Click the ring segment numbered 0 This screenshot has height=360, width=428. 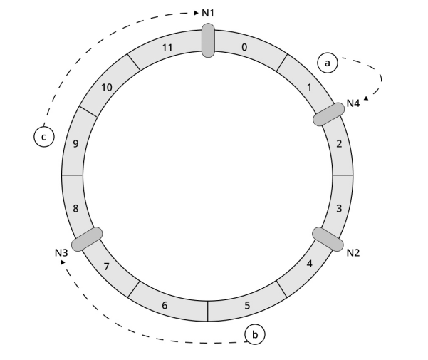click(x=244, y=48)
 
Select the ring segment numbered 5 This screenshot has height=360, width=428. click(x=247, y=305)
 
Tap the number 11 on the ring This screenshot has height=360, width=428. click(x=167, y=48)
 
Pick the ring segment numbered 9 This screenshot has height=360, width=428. click(x=75, y=144)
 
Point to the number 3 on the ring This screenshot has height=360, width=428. click(x=339, y=209)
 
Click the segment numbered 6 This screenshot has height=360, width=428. click(x=165, y=305)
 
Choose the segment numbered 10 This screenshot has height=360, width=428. click(x=107, y=87)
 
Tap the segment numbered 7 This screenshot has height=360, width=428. click(x=106, y=266)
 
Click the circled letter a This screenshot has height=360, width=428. click(x=328, y=63)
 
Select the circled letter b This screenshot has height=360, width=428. click(x=254, y=333)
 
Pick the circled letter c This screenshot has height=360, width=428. click(x=43, y=135)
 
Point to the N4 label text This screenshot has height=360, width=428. click(x=353, y=103)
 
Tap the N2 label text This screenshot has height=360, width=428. click(x=353, y=252)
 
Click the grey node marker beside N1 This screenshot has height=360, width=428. click(x=207, y=40)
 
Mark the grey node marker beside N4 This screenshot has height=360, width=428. click(x=330, y=114)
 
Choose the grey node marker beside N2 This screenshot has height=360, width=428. click(x=329, y=239)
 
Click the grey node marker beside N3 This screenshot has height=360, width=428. click(x=87, y=239)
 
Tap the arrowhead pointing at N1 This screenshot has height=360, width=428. click(x=197, y=13)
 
